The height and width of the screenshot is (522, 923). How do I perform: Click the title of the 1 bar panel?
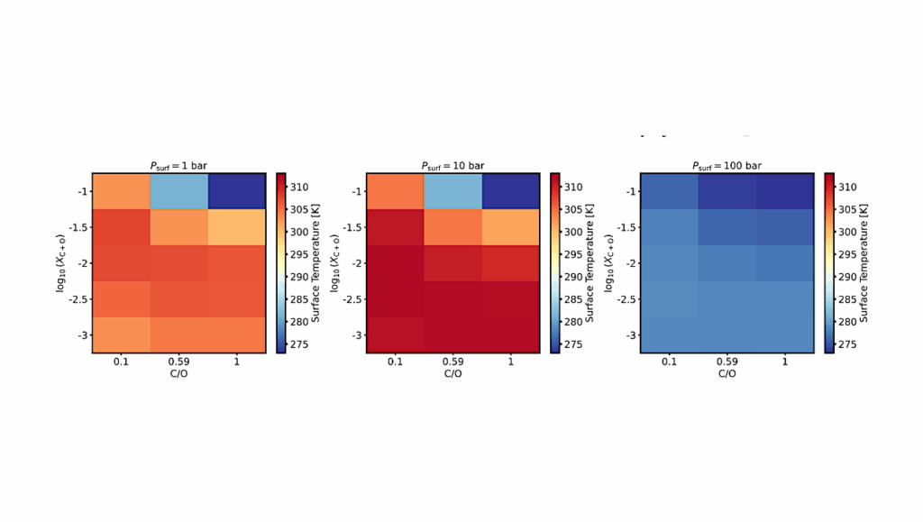tap(178, 166)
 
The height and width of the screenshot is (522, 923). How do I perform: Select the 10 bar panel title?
tap(452, 166)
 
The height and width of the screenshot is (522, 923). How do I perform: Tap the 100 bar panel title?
tap(727, 166)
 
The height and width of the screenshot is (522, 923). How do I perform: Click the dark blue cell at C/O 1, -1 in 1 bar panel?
tap(235, 191)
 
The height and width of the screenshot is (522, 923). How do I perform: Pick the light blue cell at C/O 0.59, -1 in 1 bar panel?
tap(178, 191)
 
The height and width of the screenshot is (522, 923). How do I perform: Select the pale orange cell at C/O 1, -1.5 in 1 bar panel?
tap(235, 227)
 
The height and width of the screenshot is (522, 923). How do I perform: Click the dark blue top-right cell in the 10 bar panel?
tap(510, 191)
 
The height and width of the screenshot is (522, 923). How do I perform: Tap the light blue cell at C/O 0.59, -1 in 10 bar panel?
tap(452, 191)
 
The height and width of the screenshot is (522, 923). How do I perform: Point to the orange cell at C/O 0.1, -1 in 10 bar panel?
tap(395, 191)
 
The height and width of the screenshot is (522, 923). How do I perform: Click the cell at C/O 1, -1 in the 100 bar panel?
tap(784, 191)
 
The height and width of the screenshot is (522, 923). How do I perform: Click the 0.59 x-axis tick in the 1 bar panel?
tap(178, 362)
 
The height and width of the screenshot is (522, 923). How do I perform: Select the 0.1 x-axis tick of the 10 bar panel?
tap(395, 362)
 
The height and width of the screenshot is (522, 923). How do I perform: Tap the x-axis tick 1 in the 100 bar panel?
tap(784, 362)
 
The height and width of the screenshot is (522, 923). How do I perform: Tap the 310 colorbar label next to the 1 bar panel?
tap(299, 188)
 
